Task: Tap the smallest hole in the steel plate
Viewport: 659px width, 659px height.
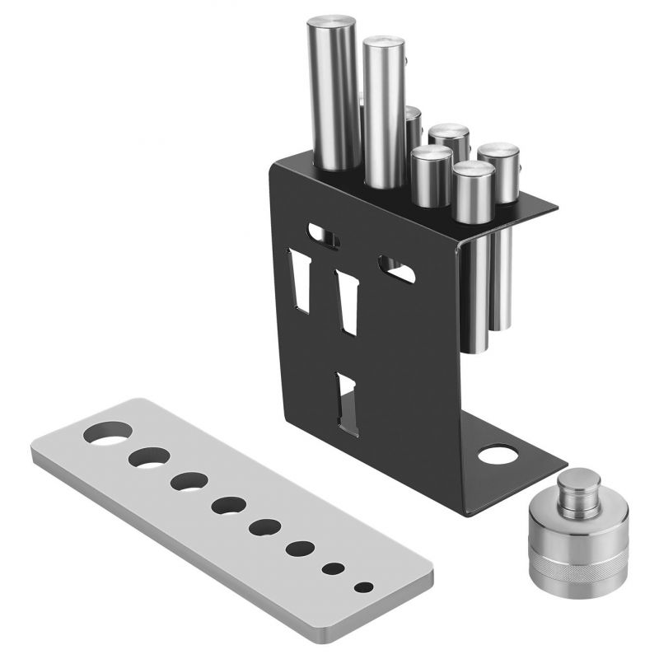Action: pos(363,587)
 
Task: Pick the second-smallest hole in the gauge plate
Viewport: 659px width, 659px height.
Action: pos(334,568)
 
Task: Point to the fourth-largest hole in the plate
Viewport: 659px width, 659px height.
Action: pos(227,504)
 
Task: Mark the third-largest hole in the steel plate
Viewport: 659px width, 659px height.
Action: pos(189,481)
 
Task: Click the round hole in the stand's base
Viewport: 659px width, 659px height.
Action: pos(496,454)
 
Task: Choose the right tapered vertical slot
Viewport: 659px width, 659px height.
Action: pos(348,301)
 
